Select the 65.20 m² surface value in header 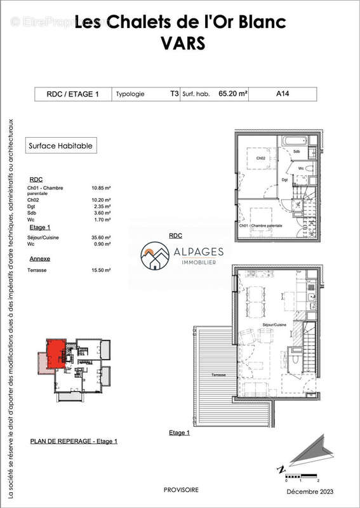coord(233,94)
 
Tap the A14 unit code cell coord(284,94)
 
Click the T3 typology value coord(174,94)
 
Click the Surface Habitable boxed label coord(61,145)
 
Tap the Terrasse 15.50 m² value coord(102,270)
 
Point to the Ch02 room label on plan coord(260,158)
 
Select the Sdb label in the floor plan coord(297,151)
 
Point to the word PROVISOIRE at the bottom coord(181,490)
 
